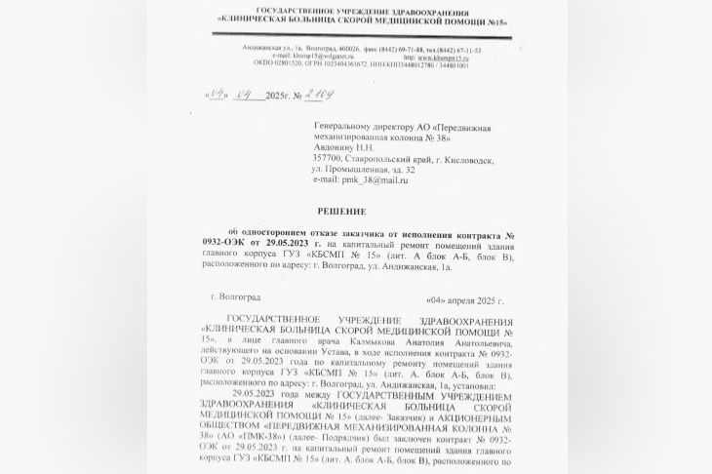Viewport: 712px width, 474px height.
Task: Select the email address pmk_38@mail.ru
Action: [373, 180]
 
